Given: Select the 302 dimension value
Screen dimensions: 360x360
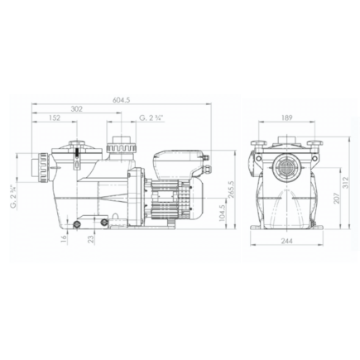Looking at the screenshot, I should point(76,108).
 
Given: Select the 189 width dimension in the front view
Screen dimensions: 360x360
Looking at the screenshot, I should point(287,118).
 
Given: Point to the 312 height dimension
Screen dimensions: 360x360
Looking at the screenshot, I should point(347,185).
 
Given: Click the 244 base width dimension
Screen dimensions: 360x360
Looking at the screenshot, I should point(287,241).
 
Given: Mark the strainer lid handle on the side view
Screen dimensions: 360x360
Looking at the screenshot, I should point(74,152).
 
